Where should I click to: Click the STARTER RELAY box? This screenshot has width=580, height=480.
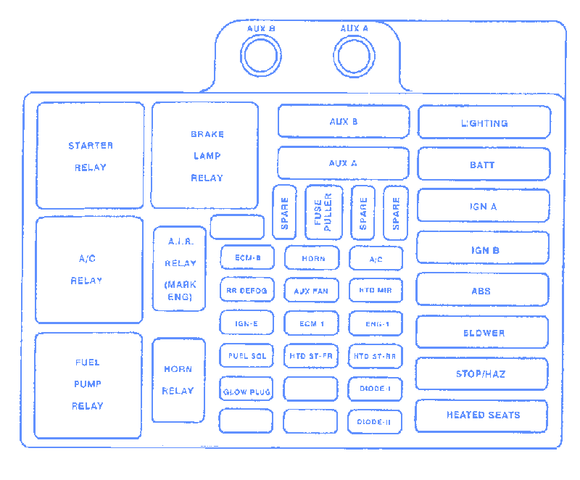tap(91, 156)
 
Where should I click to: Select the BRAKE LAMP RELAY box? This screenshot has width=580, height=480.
tap(205, 155)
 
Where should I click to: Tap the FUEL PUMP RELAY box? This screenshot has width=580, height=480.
tap(88, 385)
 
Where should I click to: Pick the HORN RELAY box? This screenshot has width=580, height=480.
tap(178, 380)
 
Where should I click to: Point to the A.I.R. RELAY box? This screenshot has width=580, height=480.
tap(180, 269)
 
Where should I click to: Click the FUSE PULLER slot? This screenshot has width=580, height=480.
tap(323, 212)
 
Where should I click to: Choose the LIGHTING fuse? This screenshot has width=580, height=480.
tap(484, 123)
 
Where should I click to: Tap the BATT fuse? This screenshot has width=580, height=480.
tap(483, 165)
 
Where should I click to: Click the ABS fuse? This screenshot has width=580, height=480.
tap(482, 290)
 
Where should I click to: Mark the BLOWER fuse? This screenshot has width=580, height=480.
tap(482, 332)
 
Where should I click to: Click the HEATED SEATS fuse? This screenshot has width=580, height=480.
tap(481, 415)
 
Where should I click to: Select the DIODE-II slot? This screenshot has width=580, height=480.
tap(375, 421)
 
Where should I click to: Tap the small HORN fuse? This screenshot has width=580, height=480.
tap(312, 258)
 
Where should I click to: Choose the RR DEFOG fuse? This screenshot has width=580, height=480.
tap(246, 291)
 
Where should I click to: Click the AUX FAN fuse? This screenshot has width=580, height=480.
tap(311, 291)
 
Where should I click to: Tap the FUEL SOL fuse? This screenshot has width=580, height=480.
tap(246, 356)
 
